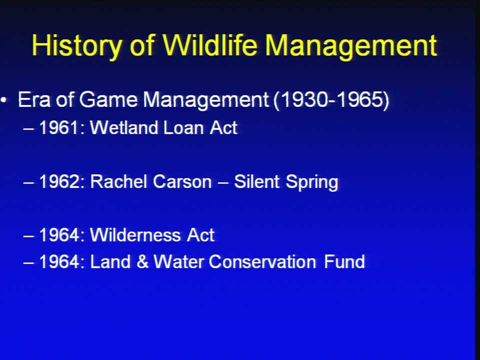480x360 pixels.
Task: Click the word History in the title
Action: coord(77,46)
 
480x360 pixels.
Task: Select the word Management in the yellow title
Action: coord(351,46)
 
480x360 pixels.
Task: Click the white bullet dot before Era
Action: coord(3,99)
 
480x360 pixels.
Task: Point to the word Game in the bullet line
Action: coord(108,99)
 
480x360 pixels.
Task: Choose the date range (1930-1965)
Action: coord(331,100)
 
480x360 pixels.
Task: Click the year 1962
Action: coord(59,181)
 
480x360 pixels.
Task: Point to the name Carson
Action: coord(182,181)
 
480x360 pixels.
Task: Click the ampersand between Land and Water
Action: coord(142,261)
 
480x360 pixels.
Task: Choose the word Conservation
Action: coord(262,261)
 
